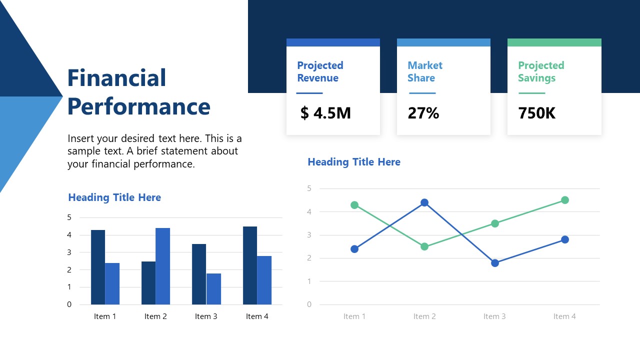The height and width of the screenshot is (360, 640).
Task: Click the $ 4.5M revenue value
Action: point(325,113)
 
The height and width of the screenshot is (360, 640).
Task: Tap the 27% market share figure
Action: point(423,113)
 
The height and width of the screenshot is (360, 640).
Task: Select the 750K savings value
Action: point(536,113)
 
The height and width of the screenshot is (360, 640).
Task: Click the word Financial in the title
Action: point(116,78)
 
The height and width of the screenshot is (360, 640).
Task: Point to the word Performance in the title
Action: point(138,106)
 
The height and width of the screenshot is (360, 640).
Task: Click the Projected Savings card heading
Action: point(540,71)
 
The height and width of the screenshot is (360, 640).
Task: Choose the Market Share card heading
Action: point(424,71)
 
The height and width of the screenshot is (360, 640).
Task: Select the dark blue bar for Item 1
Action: point(98,267)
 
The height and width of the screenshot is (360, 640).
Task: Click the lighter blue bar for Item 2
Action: point(162,266)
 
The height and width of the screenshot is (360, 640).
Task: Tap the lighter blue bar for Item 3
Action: point(213,288)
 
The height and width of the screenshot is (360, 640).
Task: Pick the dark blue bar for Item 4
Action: point(250,265)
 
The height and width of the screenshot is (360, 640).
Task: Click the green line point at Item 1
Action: point(354,205)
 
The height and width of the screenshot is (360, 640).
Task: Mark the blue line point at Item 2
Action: point(424,202)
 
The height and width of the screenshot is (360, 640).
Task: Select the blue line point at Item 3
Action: point(494,263)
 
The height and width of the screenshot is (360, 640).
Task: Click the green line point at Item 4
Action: point(565,200)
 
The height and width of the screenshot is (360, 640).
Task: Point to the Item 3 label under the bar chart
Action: point(206,316)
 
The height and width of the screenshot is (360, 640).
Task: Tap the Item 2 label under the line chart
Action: point(424,316)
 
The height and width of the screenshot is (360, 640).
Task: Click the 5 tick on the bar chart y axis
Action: point(69,217)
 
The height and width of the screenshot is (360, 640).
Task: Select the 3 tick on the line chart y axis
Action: point(309,235)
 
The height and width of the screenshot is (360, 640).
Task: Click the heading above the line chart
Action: point(354,162)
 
